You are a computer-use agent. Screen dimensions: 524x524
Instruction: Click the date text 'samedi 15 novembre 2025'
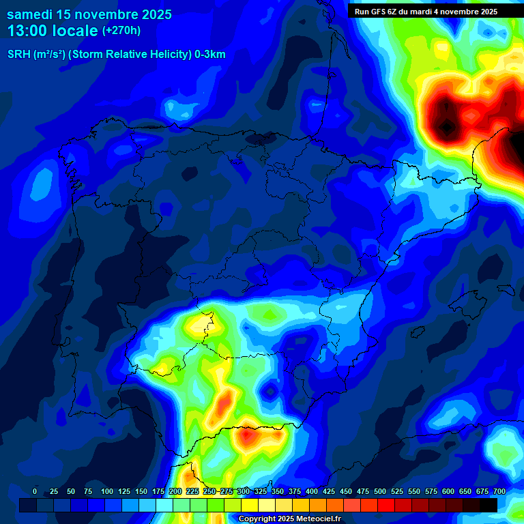click(89, 14)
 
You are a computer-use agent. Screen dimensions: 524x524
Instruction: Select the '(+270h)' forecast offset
click(121, 31)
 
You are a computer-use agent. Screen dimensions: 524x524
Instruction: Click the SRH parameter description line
click(116, 55)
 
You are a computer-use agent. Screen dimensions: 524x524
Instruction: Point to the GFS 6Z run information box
click(426, 12)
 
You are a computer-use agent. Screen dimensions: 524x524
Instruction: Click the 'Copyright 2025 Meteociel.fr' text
click(290, 519)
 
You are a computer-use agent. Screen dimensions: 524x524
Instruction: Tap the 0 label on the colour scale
click(35, 492)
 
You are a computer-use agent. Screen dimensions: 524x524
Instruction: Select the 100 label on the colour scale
click(106, 492)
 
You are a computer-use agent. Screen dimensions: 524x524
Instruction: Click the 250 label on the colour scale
click(209, 492)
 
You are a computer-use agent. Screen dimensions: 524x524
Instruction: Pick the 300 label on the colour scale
click(243, 492)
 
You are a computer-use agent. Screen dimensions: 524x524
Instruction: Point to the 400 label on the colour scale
click(311, 492)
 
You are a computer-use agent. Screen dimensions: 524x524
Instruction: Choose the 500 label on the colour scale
click(379, 492)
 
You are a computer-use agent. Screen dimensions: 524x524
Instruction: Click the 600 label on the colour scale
click(448, 492)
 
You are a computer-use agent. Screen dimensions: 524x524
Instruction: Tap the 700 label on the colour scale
click(499, 492)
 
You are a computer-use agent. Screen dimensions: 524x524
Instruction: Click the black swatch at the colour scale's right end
click(489, 505)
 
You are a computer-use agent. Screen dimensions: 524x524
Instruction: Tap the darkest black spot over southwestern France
click(446, 126)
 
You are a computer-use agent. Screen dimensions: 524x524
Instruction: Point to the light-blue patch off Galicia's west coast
click(41, 183)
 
